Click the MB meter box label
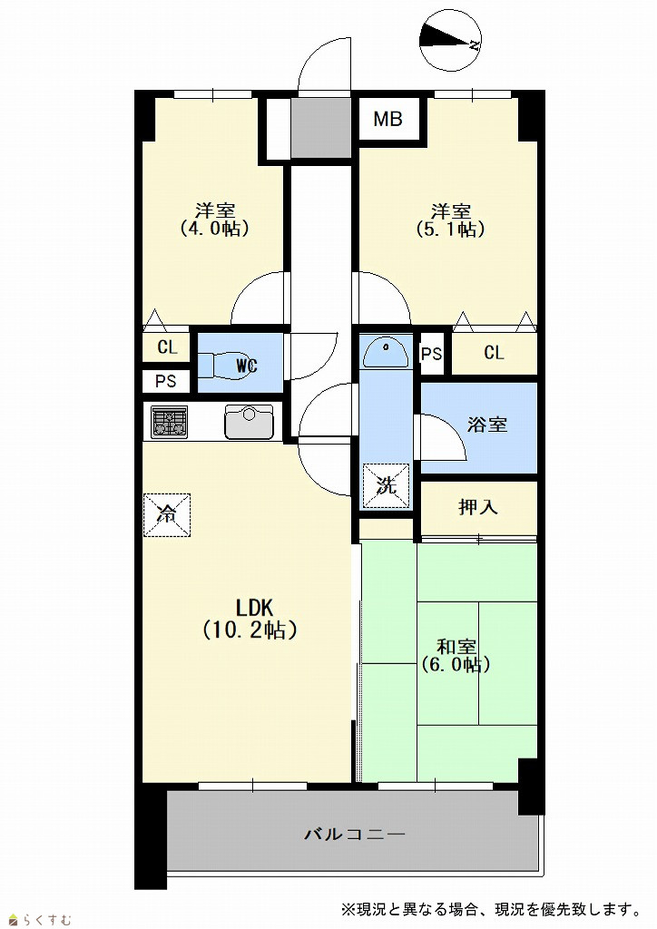pyautogui.click(x=387, y=119)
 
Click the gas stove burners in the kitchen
pyautogui.click(x=170, y=421)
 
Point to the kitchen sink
pyautogui.click(x=249, y=421)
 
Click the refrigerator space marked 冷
pyautogui.click(x=167, y=515)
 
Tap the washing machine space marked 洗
pyautogui.click(x=387, y=486)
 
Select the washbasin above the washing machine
pyautogui.click(x=385, y=353)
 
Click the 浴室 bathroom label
pyautogui.click(x=487, y=425)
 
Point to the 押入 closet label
pyautogui.click(x=477, y=507)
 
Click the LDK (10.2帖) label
pyautogui.click(x=250, y=619)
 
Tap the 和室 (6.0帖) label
pyautogui.click(x=456, y=655)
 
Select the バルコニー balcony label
pyautogui.click(x=354, y=835)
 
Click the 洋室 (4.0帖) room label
pyautogui.click(x=214, y=220)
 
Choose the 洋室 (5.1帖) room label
pyautogui.click(x=451, y=220)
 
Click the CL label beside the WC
pyautogui.click(x=167, y=347)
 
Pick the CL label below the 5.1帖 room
pyautogui.click(x=494, y=353)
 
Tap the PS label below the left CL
pyautogui.click(x=166, y=381)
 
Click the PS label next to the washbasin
pyautogui.click(x=431, y=354)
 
